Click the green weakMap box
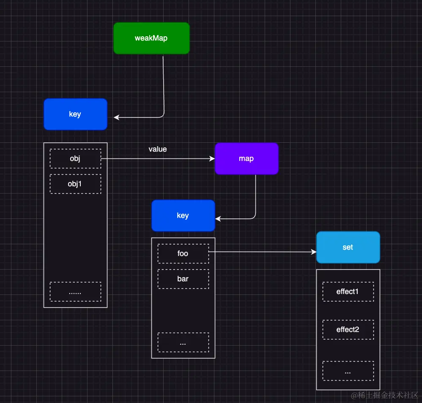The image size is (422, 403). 151,38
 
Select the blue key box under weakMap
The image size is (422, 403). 75,114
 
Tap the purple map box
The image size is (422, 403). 247,159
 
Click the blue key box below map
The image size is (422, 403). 183,216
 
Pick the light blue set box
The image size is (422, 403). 348,248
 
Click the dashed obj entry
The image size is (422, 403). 75,159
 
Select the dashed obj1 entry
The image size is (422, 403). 75,184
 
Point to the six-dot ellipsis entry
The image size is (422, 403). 75,292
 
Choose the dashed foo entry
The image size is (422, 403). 183,254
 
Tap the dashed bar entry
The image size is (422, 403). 183,279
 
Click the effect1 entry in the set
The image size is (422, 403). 348,292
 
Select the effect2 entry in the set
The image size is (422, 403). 348,330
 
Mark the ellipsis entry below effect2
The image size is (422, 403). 348,371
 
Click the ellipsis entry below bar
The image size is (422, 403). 183,343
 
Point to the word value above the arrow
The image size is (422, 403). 158,150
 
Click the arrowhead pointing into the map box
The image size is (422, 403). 212,159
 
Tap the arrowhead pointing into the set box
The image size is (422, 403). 314,252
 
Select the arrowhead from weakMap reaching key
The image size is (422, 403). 116,117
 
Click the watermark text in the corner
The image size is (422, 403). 384,395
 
